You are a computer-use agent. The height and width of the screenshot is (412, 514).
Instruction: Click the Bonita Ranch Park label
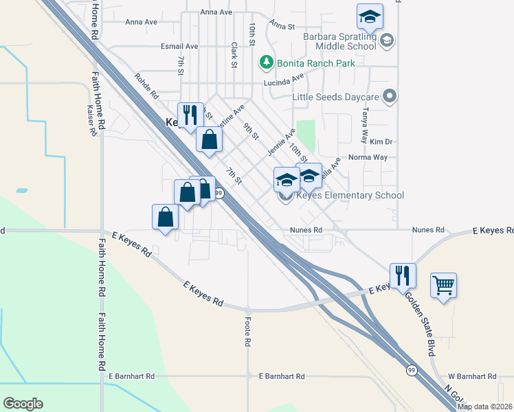coord(316,63)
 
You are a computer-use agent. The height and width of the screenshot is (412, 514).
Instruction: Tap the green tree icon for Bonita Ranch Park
coord(266,63)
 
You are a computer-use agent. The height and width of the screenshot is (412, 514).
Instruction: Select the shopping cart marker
coord(443,284)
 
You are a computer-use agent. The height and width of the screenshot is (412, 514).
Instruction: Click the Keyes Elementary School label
coord(349,196)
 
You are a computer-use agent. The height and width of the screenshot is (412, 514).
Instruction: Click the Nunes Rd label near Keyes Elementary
coord(306,230)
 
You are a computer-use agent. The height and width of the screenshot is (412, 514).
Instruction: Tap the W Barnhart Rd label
coord(471,376)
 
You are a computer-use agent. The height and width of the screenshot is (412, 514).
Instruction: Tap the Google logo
coord(23,404)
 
